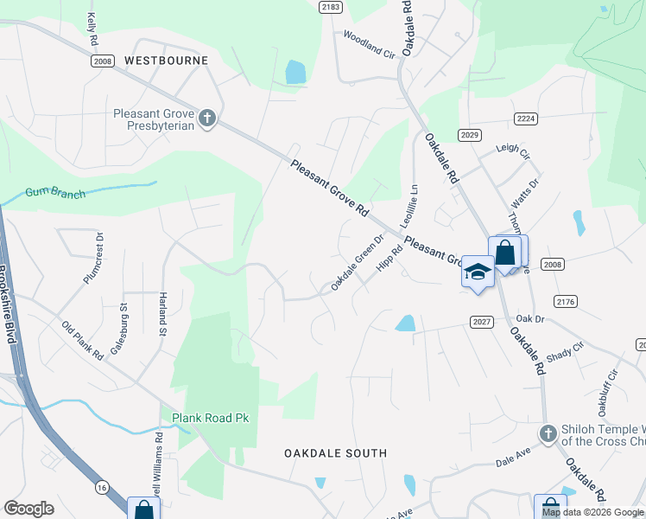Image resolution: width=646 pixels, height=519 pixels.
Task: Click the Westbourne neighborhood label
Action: click(x=166, y=61)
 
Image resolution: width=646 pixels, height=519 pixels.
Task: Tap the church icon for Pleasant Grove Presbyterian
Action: click(x=206, y=117)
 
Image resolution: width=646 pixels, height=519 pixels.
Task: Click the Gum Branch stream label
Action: click(x=55, y=193)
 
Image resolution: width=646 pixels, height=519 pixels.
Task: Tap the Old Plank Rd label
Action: click(x=82, y=341)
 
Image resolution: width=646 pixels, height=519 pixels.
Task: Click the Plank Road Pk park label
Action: click(x=210, y=418)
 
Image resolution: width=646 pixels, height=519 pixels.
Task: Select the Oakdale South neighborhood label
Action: click(x=336, y=453)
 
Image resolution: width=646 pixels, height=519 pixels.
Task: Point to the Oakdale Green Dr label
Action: click(x=358, y=261)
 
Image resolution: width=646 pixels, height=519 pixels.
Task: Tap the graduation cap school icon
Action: click(x=477, y=272)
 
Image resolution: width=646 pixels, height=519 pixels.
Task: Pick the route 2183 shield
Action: click(x=330, y=7)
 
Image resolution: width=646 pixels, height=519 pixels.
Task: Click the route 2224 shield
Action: click(x=525, y=119)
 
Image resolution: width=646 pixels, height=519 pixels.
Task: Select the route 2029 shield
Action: click(x=470, y=134)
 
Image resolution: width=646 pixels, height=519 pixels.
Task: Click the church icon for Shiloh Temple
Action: click(x=546, y=432)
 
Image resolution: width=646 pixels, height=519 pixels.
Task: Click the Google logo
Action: click(x=28, y=509)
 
